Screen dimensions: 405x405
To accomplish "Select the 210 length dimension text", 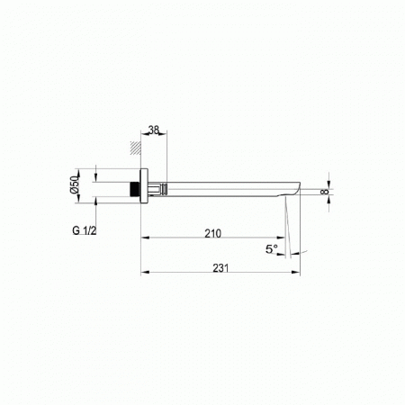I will (x=212, y=233).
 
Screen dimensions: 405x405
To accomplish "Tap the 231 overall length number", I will (x=221, y=268).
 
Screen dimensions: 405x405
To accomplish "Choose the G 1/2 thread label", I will (x=85, y=232).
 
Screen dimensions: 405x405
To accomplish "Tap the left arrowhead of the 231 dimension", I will (x=144, y=274).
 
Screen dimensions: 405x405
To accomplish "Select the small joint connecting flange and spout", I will (x=158, y=190).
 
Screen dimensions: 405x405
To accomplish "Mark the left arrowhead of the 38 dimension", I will (x=144, y=137).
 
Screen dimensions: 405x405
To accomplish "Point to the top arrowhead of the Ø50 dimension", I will (x=94, y=171).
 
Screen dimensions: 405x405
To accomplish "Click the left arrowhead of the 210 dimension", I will (x=144, y=239).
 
